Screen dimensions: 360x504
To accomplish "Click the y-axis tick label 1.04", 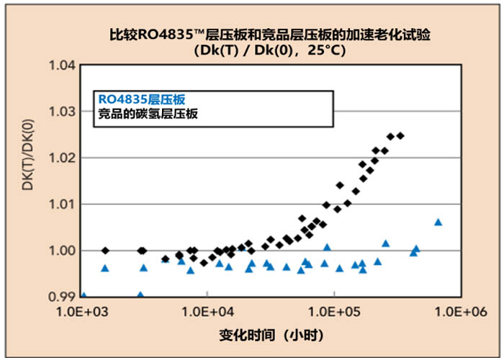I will tap(63, 66).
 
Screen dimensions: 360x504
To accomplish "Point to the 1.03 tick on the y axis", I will tap(63, 112).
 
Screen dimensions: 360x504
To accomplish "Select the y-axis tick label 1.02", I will tap(63, 158).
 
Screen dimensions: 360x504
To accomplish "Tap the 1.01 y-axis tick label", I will tap(63, 204).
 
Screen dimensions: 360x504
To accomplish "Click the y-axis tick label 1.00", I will tap(63, 251).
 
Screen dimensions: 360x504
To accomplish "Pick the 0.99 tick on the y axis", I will tap(63, 297).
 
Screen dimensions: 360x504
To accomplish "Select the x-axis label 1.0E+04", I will tap(208, 311).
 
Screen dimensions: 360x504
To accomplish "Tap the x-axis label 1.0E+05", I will tap(333, 311).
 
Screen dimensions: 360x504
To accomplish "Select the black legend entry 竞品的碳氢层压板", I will tap(148, 113).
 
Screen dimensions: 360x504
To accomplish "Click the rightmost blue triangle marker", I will tap(438, 222).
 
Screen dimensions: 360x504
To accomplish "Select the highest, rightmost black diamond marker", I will tap(400, 135).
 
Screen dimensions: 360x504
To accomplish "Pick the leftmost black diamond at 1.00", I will tap(106, 251).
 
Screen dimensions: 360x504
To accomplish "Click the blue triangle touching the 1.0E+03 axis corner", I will tap(84, 295).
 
